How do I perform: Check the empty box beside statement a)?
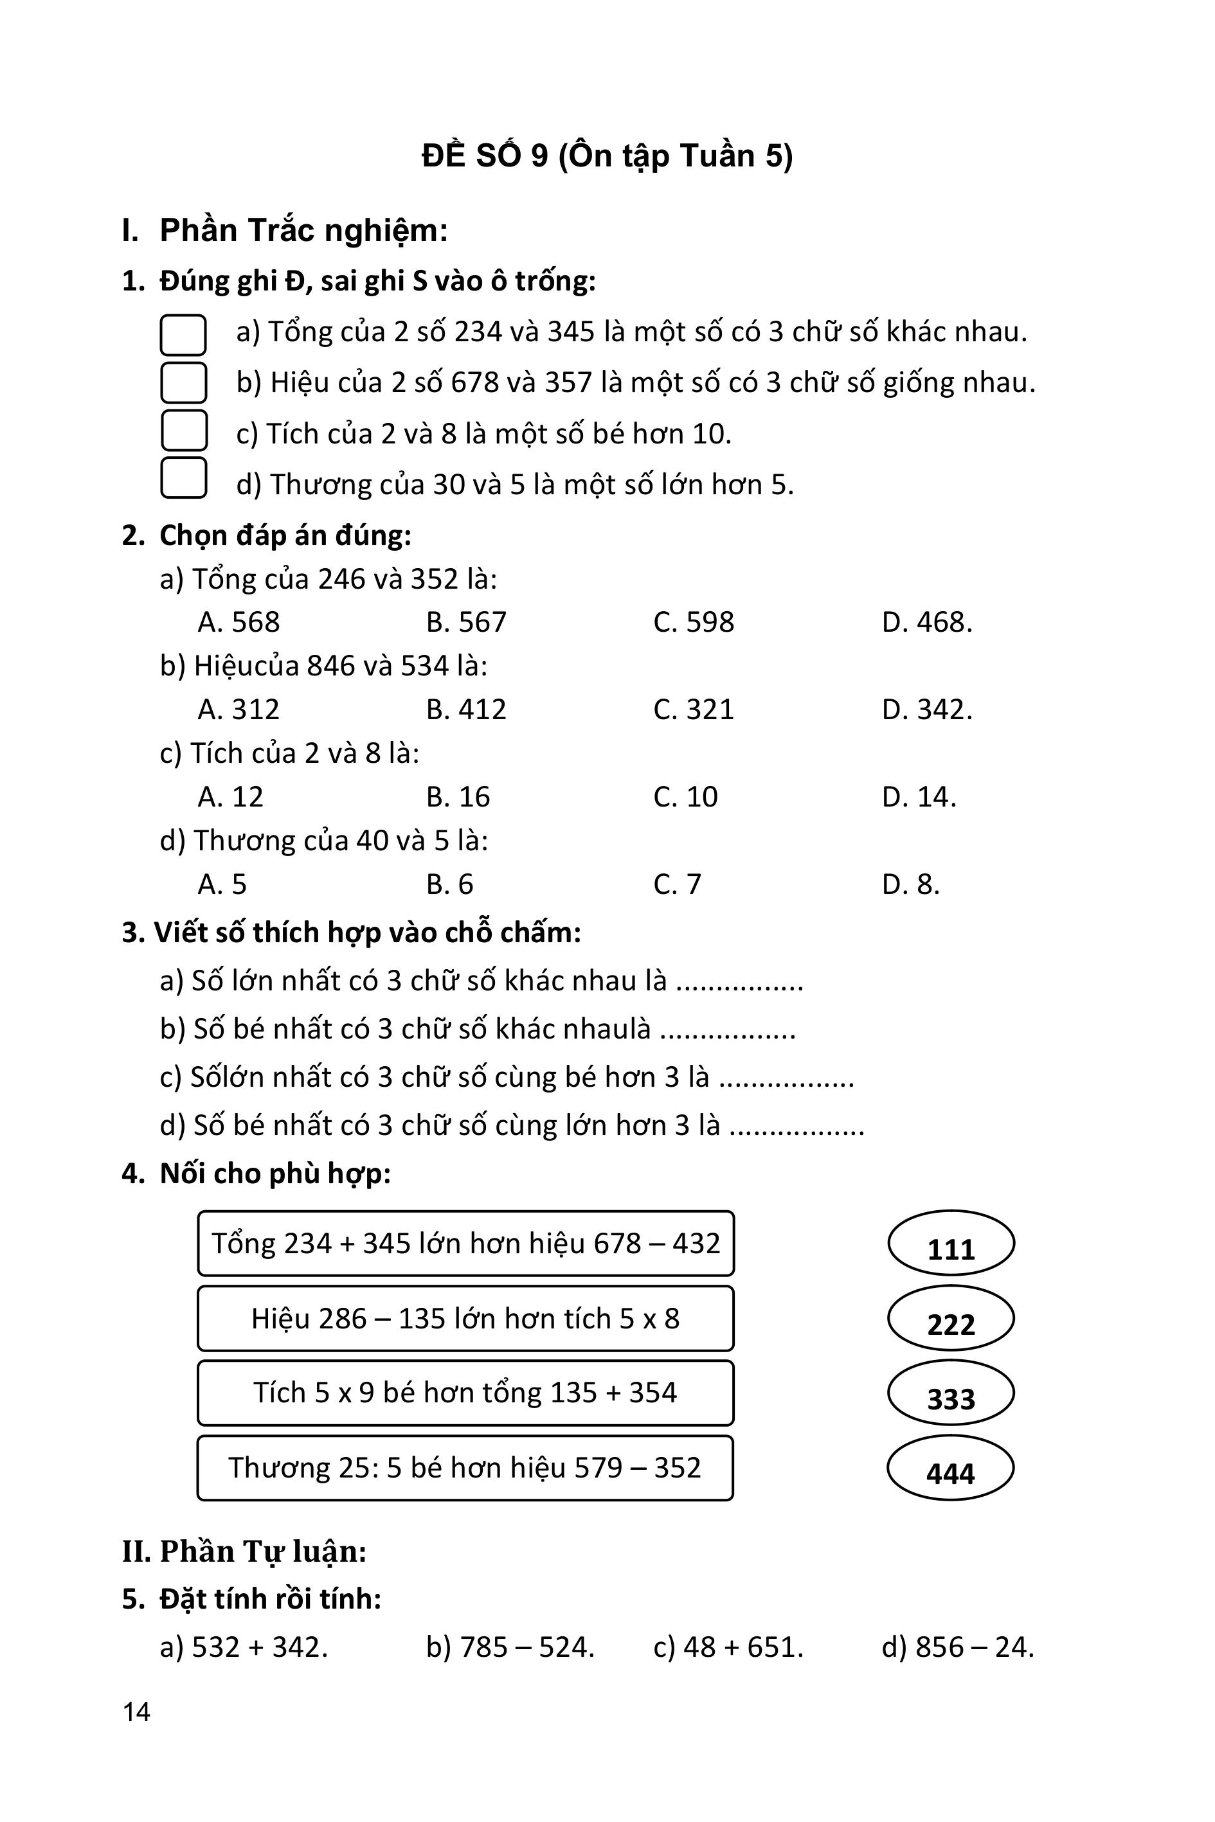pos(183,335)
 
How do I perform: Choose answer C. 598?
pos(693,622)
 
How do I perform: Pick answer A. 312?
pos(238,709)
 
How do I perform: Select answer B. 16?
pos(457,796)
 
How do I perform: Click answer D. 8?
pos(910,884)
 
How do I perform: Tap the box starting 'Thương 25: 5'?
pos(465,1467)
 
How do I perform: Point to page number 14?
pos(136,1711)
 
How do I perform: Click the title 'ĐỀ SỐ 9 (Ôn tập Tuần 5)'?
pos(607,156)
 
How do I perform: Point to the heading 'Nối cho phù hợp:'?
pos(274,1174)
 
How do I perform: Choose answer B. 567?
pos(465,622)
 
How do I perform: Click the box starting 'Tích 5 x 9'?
pos(465,1392)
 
